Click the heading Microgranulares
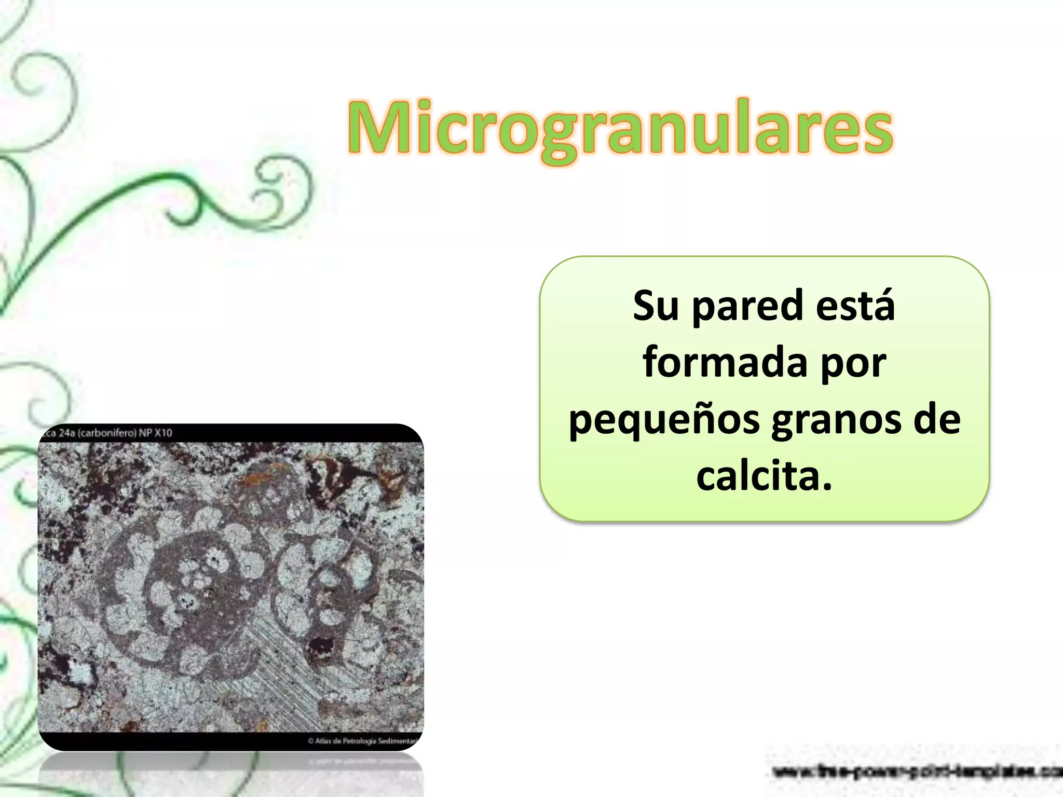(620, 129)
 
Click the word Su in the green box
(655, 306)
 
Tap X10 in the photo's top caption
(162, 433)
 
